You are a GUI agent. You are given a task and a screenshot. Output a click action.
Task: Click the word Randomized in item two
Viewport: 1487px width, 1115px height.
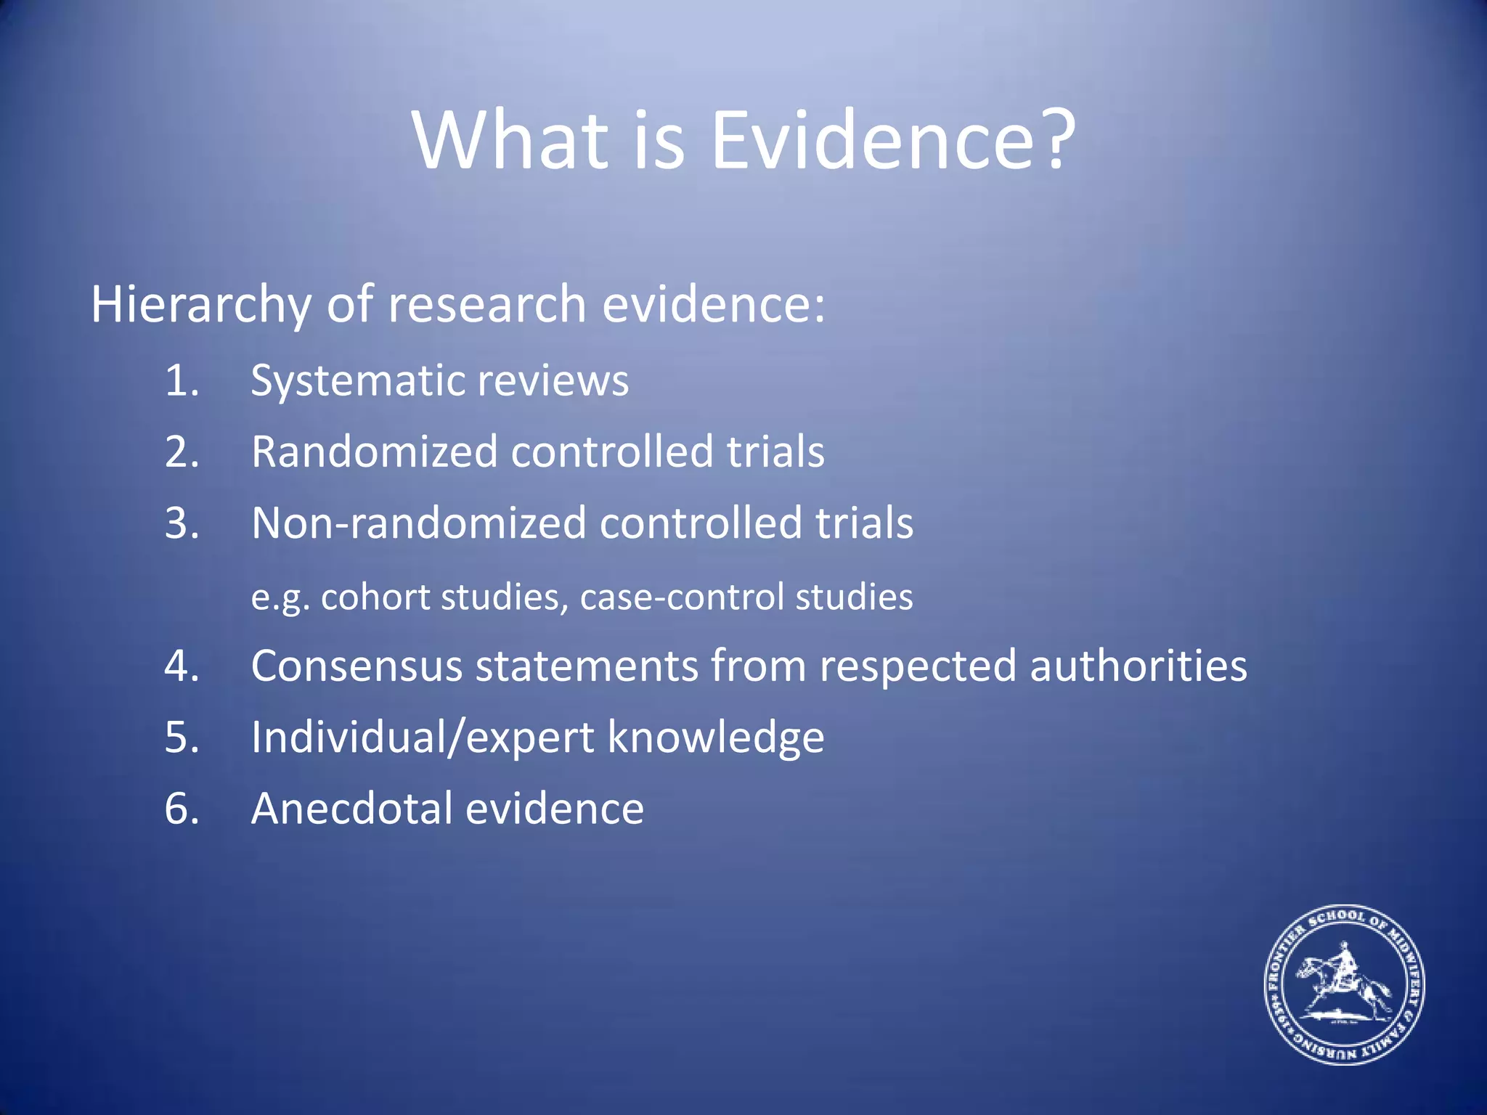(374, 452)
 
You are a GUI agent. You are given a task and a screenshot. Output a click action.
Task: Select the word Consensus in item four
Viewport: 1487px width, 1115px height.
(357, 666)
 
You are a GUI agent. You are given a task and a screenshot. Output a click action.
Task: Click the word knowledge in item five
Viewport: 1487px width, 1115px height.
(715, 738)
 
